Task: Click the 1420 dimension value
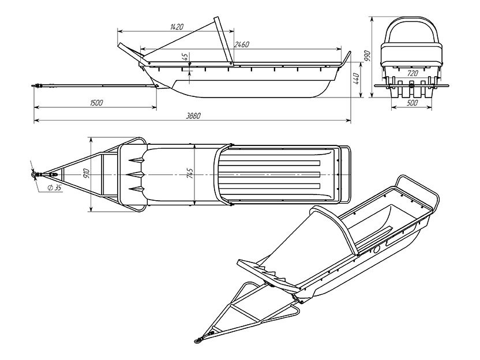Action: point(177,27)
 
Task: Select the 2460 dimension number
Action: point(242,44)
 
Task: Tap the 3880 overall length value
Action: point(193,116)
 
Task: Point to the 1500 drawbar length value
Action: point(96,103)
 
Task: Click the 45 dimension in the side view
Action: point(185,57)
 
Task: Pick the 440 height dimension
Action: point(356,80)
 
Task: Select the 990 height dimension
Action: point(367,57)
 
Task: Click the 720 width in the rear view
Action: point(412,73)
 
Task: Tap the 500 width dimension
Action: point(412,103)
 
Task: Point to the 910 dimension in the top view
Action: point(87,174)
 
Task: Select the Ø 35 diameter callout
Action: point(54,188)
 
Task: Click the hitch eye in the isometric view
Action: point(198,340)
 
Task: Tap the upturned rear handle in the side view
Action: point(346,59)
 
